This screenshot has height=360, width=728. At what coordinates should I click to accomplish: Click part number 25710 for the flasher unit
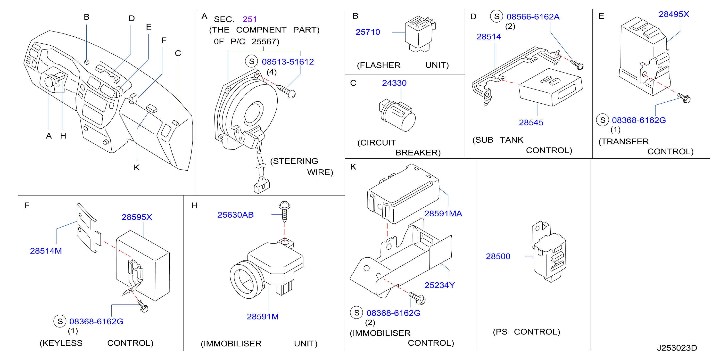(x=367, y=32)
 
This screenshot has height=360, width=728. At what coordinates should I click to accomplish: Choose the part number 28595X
(x=137, y=217)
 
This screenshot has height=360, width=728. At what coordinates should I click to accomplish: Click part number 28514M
(x=46, y=251)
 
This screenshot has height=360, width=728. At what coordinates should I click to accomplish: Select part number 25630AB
(x=235, y=215)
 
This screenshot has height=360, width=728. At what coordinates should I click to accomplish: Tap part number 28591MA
(x=443, y=214)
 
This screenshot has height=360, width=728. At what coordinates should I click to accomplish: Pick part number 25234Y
(x=439, y=285)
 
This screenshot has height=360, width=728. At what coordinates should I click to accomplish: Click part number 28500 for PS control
(x=498, y=256)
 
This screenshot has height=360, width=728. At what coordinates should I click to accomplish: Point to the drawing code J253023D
(x=677, y=348)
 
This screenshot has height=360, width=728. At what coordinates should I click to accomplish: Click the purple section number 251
(x=249, y=19)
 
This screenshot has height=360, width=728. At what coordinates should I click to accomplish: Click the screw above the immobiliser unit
(x=285, y=211)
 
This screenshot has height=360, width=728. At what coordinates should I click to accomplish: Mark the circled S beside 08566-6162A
(x=496, y=16)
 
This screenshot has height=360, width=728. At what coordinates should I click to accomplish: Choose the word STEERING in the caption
(x=294, y=161)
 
